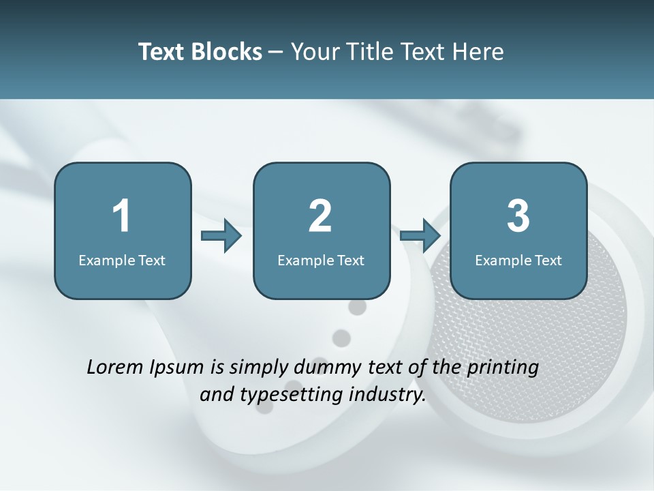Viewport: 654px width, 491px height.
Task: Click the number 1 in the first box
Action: click(122, 216)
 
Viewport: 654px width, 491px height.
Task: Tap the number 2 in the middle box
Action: click(320, 216)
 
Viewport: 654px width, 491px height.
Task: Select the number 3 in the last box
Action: click(518, 216)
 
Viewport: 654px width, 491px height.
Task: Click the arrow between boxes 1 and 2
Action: click(221, 235)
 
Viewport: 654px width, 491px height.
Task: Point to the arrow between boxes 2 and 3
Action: click(420, 235)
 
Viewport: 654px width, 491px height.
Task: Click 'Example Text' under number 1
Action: click(122, 261)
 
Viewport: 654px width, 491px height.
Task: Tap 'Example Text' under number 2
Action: click(321, 261)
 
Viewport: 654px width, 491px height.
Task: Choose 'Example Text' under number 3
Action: click(518, 261)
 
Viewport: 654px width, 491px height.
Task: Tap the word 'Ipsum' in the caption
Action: click(177, 368)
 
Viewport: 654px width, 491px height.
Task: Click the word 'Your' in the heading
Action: click(313, 52)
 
